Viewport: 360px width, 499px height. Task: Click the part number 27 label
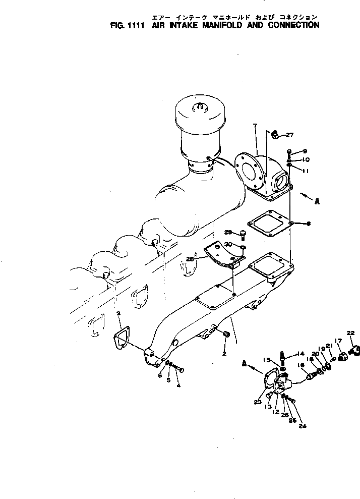click(x=289, y=135)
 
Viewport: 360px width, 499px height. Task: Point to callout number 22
click(x=350, y=333)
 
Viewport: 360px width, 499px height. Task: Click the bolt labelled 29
click(x=243, y=234)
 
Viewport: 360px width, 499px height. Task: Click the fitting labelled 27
click(x=275, y=135)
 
